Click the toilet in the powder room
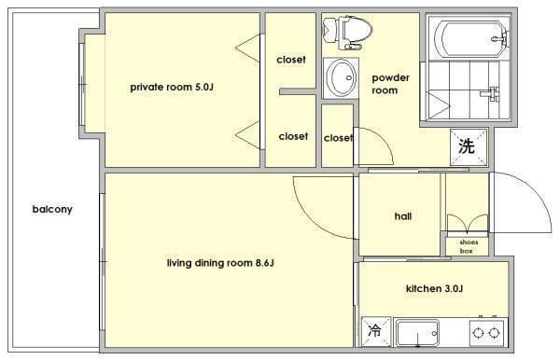(x=347, y=32)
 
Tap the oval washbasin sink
(x=342, y=77)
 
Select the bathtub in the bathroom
(x=469, y=38)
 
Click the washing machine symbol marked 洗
(x=469, y=146)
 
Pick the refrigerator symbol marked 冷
(x=375, y=331)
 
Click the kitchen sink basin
(x=417, y=333)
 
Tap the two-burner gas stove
(x=486, y=333)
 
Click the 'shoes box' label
(x=469, y=246)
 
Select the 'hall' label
(x=403, y=216)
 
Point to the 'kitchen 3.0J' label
(x=434, y=288)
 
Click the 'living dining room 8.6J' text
(x=220, y=263)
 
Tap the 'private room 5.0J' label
(x=172, y=87)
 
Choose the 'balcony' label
(x=52, y=209)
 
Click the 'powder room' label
(x=390, y=84)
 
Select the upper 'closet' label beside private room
(x=291, y=60)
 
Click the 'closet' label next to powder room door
(x=338, y=138)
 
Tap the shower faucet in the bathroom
(x=490, y=94)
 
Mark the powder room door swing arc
(x=385, y=140)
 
